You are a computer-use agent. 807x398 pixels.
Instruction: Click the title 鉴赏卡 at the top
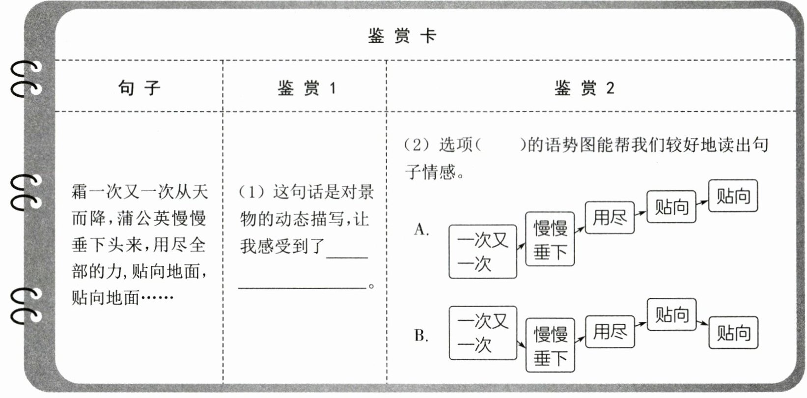(402, 36)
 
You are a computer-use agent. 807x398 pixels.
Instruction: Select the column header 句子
(139, 88)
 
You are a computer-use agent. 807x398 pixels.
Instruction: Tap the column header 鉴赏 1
(306, 88)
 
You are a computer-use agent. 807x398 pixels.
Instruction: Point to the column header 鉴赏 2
(584, 88)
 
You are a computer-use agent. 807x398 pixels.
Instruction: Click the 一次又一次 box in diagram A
(483, 252)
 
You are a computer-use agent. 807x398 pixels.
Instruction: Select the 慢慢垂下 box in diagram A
(550, 239)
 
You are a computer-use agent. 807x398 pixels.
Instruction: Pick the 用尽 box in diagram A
(610, 218)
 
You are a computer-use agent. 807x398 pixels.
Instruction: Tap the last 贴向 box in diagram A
(733, 196)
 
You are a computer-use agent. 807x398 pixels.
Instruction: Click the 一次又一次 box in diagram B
(483, 333)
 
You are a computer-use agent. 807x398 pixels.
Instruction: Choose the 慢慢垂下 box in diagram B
(550, 345)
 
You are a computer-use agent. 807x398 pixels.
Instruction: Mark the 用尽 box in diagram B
(610, 332)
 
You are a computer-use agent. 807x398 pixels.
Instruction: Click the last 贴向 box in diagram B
(733, 332)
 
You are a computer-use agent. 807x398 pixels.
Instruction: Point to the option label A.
(421, 229)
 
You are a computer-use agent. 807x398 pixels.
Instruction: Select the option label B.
(421, 336)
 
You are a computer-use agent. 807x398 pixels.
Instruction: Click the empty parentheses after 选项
(501, 145)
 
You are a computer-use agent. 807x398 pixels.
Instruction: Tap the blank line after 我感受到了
(347, 257)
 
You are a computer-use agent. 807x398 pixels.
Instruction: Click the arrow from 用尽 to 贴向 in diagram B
(640, 324)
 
